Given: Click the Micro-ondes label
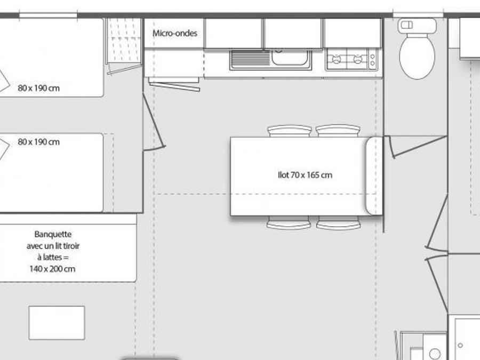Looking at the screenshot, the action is pos(175,33).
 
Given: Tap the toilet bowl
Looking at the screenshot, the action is pos(417,57).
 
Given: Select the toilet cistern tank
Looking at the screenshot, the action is pos(417,26).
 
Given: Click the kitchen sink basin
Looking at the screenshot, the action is pos(290,58).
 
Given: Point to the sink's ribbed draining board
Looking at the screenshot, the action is pos(251,59).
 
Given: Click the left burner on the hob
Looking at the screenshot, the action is pos(336,59).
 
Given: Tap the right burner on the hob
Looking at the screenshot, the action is pos(358,59).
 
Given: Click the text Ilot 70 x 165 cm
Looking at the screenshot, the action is pos(305,175).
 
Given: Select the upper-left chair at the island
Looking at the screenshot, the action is pos(290,131).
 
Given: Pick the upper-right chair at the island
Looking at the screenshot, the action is pos(338,131).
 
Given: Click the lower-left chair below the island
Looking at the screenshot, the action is pos(289,222).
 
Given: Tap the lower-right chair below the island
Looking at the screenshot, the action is pos(338,222).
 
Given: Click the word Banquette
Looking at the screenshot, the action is pos(53,234).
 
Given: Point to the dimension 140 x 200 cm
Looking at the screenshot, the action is pos(52,269).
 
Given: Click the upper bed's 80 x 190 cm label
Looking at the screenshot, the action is pos(38,88).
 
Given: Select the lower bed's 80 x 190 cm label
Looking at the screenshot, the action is pos(38,142).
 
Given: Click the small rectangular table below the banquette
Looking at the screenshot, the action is pos(57,323).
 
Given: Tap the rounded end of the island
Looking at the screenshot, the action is pos(374,176).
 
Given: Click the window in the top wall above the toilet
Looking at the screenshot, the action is pos(418,15).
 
